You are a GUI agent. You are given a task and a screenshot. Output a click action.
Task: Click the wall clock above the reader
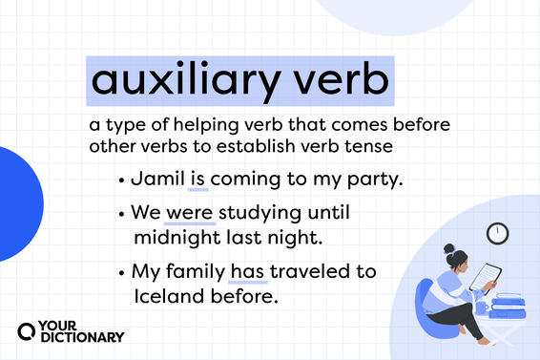[x=497, y=232]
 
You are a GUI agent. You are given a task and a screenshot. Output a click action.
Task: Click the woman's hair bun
[x=448, y=249]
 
